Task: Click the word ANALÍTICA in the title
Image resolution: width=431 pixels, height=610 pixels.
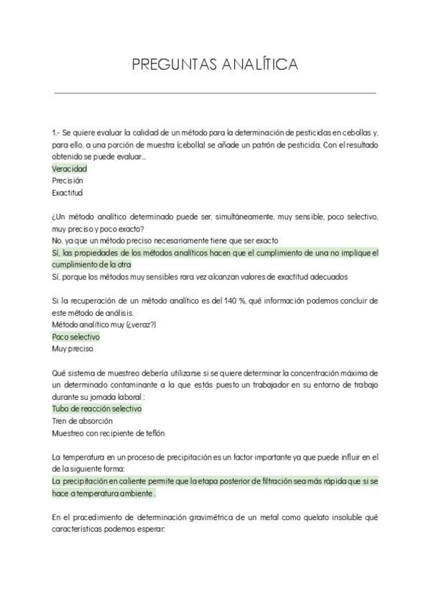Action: pos(258,65)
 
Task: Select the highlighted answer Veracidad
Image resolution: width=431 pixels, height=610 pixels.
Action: pos(69,169)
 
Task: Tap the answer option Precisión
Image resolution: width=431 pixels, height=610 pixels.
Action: pos(68,181)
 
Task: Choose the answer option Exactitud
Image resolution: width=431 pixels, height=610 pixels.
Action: pos(68,194)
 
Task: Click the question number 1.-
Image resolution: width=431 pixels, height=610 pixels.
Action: pos(56,132)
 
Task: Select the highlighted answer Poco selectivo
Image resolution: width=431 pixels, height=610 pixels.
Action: pos(75,337)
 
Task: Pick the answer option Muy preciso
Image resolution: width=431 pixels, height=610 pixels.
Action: pos(73,349)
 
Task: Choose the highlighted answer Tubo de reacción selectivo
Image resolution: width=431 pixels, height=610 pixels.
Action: pos(96,409)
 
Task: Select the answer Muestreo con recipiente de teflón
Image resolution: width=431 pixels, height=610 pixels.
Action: pos(108,433)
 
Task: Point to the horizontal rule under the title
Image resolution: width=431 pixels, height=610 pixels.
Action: pos(215,93)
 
